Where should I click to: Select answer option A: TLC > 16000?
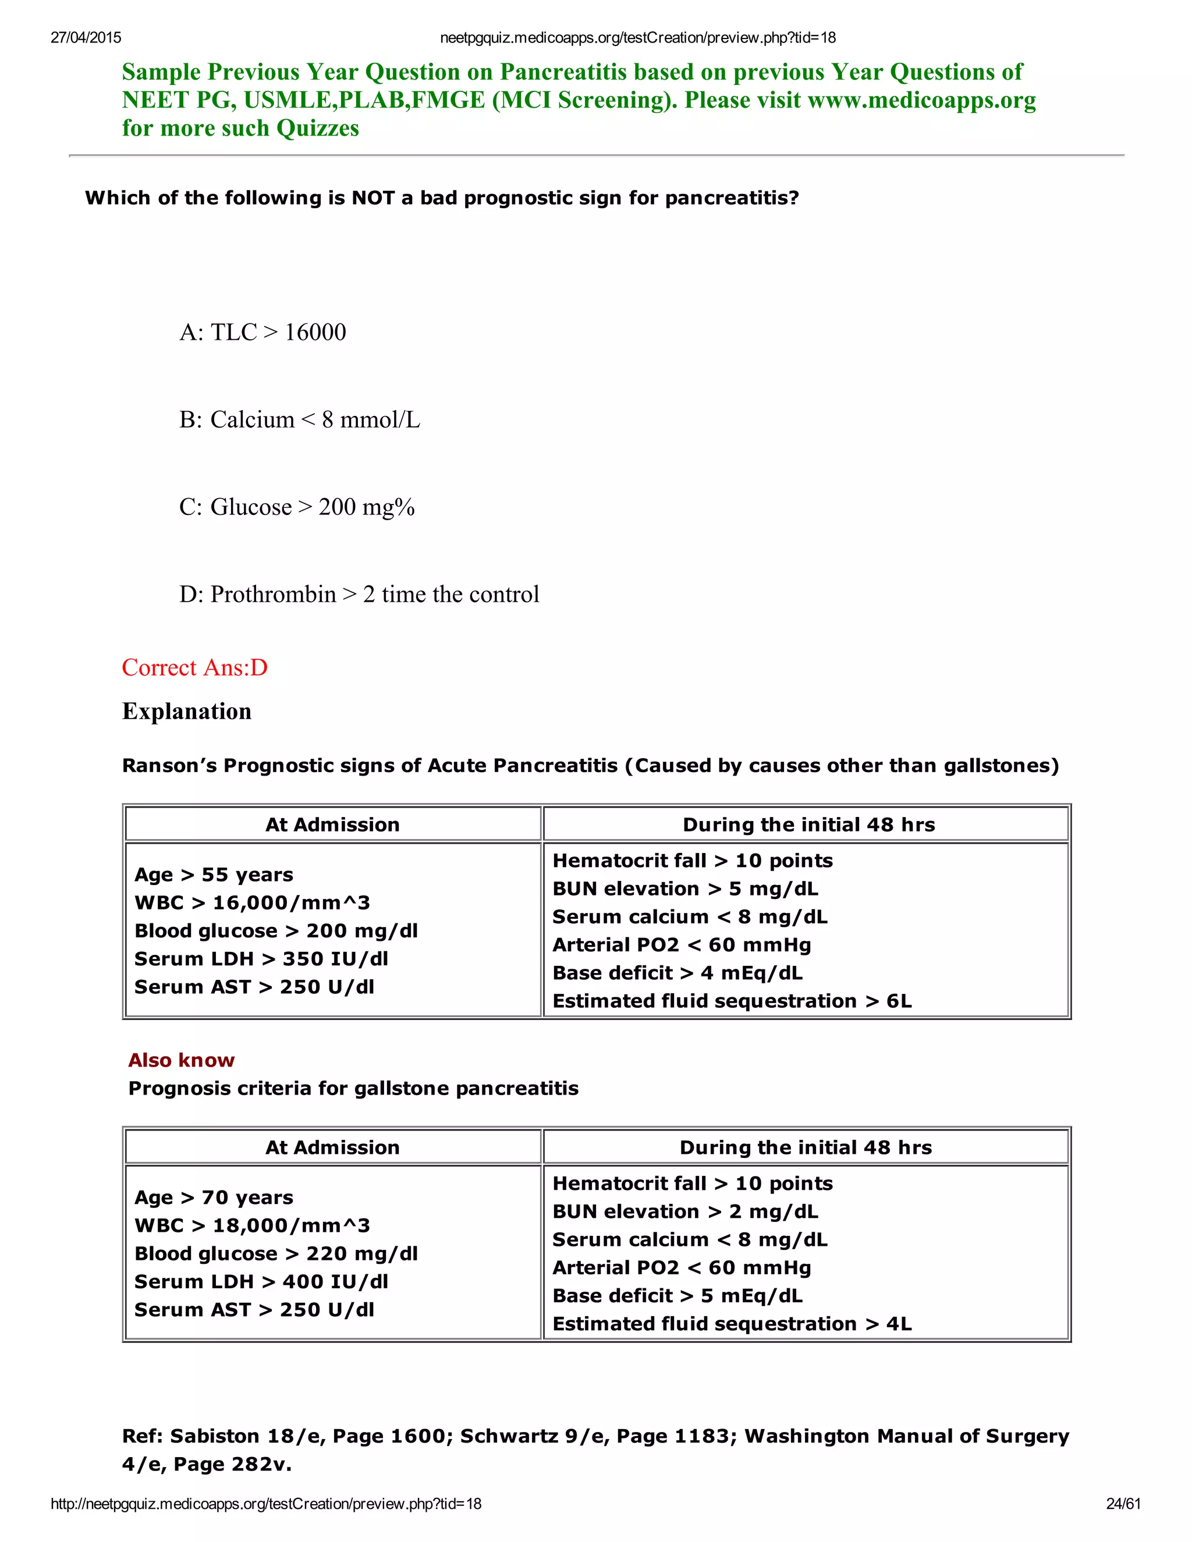pos(262,332)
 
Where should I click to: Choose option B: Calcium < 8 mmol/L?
pos(299,420)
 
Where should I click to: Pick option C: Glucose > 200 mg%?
pos(297,507)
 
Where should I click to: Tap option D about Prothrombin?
pos(359,595)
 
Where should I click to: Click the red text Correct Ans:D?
pos(195,667)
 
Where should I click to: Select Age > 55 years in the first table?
pos(213,875)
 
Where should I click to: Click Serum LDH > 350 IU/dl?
pos(261,959)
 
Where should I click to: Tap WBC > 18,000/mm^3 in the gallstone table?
pos(252,1225)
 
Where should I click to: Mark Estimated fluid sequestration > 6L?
pos(732,1001)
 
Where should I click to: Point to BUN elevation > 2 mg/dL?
pos(685,1211)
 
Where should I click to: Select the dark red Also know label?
pos(182,1060)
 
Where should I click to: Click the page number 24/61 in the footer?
pos(1123,1504)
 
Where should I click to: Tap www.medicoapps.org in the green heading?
pos(921,100)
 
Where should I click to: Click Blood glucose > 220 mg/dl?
pos(276,1253)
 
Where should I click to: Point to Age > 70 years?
pos(213,1198)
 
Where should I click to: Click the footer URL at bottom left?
pos(266,1504)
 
